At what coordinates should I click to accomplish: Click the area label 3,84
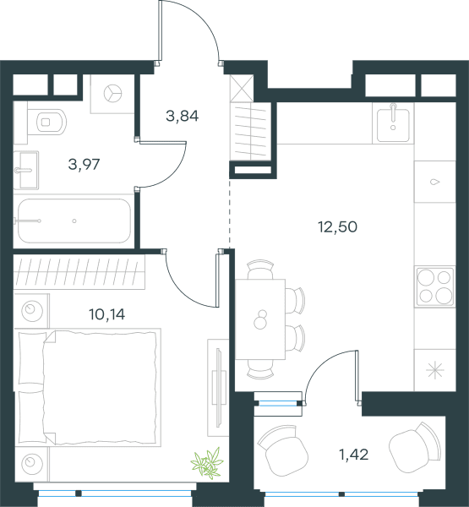coord(182,116)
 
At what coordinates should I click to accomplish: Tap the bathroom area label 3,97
coord(84,164)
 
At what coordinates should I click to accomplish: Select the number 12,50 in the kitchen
coord(338,226)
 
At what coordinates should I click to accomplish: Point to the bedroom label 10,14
coord(106,314)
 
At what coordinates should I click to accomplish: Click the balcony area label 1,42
coord(353,455)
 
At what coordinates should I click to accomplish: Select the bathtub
coord(74,221)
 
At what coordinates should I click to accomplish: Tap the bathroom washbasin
coord(26,170)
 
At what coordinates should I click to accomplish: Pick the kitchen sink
coord(393,123)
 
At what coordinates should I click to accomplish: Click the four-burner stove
coord(435,286)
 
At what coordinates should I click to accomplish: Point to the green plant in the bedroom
coord(207,463)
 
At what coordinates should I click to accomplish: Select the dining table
coord(260,319)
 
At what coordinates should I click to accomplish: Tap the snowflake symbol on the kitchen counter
coord(434,370)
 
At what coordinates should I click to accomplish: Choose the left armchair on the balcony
coord(282,450)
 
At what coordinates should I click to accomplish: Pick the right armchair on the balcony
coord(415,448)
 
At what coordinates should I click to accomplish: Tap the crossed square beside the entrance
coord(242,88)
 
